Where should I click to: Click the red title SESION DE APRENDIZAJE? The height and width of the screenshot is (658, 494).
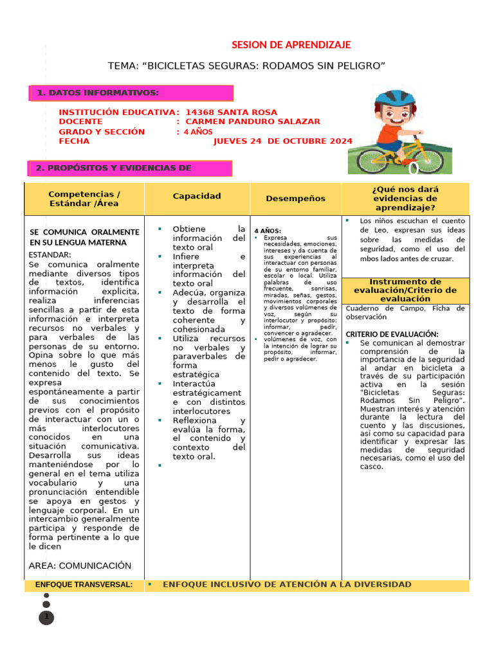291,44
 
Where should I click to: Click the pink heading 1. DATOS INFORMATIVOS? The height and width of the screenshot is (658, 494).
97,93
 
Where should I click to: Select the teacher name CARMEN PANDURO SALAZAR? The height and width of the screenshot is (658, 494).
252,121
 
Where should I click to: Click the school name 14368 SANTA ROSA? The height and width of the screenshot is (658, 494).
231,112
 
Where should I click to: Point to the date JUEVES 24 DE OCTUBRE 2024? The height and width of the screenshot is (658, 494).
282,141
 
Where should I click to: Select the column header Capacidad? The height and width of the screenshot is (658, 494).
197,196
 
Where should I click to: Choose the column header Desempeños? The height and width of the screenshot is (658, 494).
295,199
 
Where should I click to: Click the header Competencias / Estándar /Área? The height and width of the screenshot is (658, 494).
84,199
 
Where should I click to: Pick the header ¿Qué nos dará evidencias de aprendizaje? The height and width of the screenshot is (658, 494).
405,199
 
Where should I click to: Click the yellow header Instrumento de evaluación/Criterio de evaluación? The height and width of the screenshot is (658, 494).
405,290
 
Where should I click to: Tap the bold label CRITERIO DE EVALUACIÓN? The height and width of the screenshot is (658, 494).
392,334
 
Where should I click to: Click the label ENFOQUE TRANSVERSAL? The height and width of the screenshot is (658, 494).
84,585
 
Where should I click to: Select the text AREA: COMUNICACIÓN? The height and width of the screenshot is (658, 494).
80,565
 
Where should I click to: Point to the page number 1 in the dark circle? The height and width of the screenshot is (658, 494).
46,618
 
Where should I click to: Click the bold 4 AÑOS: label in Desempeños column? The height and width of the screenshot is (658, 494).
268,231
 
